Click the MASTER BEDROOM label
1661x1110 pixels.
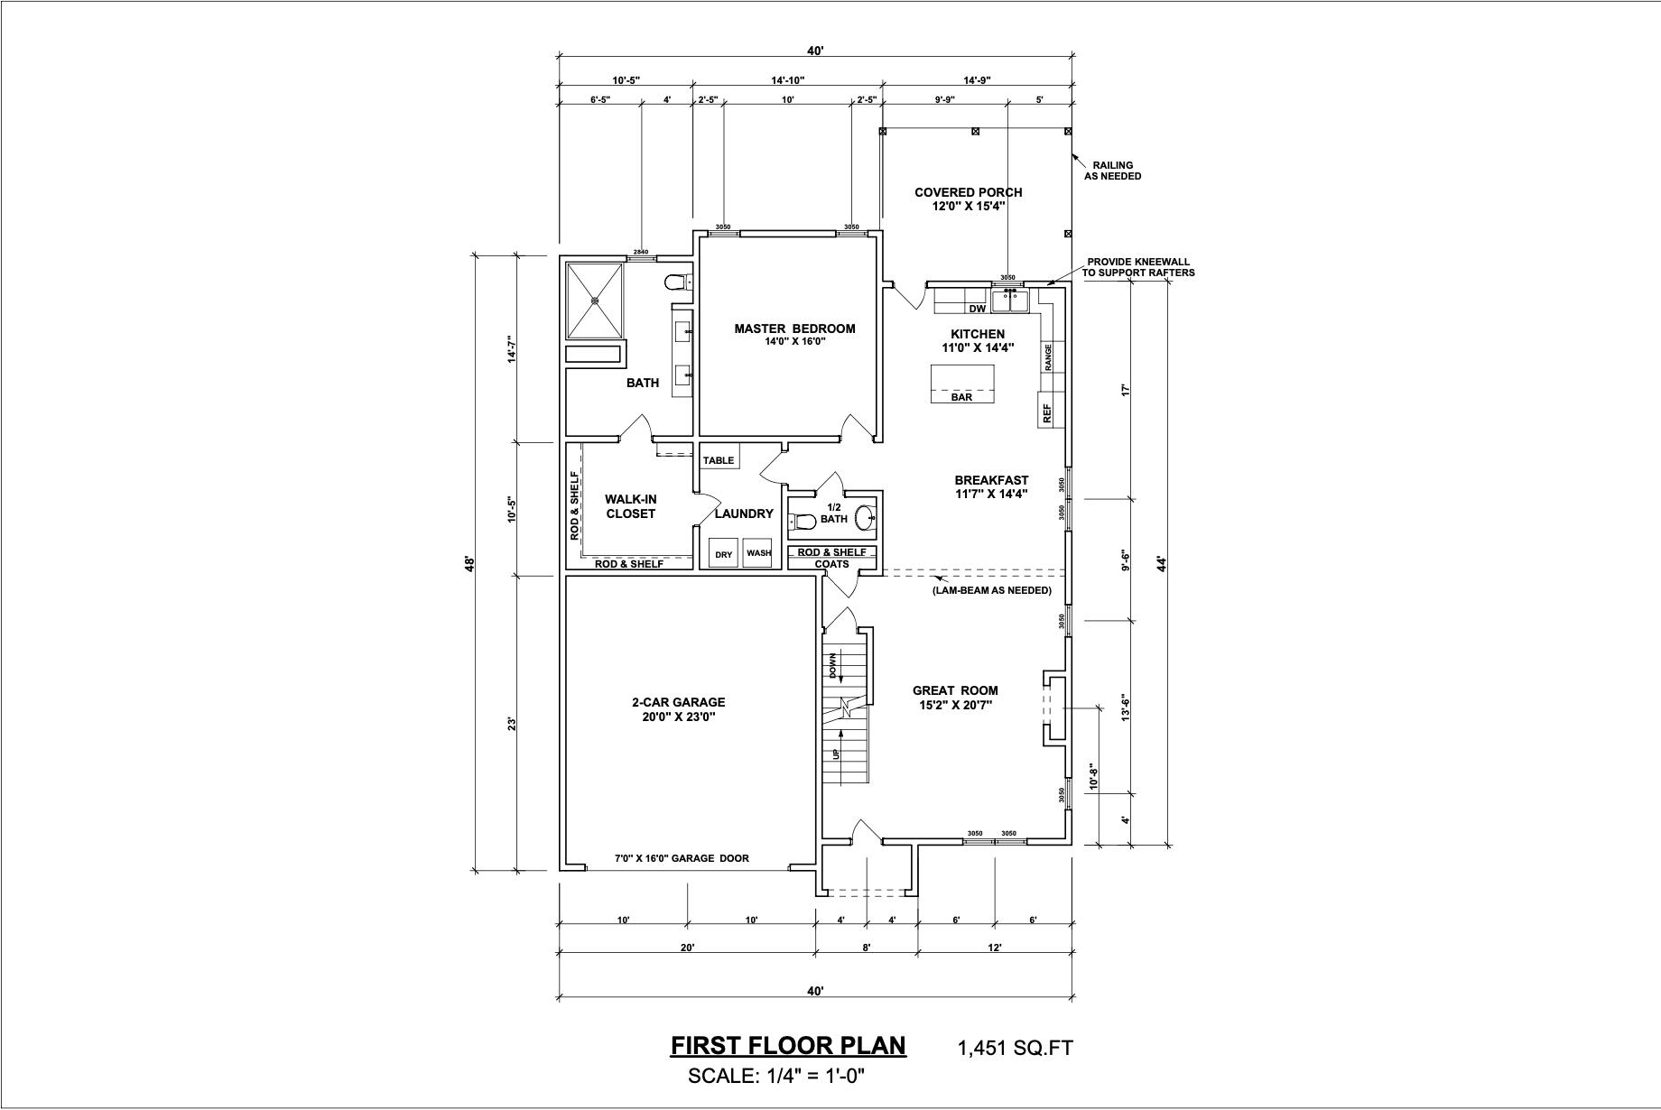794,328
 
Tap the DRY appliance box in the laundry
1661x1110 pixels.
724,553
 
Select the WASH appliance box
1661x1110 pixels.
759,553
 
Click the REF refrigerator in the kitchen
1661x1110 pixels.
1047,412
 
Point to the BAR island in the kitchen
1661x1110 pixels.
962,384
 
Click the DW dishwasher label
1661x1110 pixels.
978,309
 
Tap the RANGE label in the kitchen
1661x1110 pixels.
1048,356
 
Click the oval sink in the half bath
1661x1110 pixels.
864,518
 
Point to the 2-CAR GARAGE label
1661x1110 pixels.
678,703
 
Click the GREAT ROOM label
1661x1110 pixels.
955,691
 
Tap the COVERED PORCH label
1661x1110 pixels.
968,192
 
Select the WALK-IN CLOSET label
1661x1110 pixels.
630,506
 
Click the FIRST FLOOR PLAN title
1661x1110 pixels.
788,1045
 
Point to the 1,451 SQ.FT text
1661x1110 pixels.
1016,1048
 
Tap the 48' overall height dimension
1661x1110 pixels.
469,564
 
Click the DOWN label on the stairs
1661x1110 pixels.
833,666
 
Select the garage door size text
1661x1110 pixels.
682,858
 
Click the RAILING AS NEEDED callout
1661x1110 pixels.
1112,171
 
